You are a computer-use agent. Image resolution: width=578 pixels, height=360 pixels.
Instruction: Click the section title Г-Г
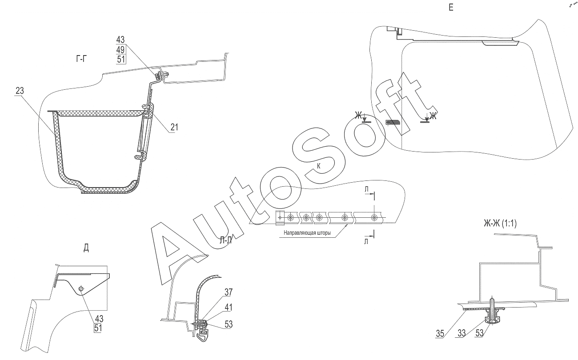pyautogui.click(x=81, y=59)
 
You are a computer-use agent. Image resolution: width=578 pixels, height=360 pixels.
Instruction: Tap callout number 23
pyautogui.click(x=20, y=91)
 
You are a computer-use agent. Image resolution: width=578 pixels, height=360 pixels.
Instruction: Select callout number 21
pyautogui.click(x=174, y=127)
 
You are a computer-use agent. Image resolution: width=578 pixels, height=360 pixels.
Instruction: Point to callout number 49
pyautogui.click(x=120, y=49)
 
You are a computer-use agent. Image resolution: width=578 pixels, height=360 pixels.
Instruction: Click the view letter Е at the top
pyautogui.click(x=451, y=8)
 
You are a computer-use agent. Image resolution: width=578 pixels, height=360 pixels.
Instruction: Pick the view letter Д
pyautogui.click(x=86, y=248)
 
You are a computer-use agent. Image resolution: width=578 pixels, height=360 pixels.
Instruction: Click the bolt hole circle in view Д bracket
pyautogui.click(x=81, y=288)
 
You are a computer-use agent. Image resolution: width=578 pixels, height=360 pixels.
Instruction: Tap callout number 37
pyautogui.click(x=229, y=292)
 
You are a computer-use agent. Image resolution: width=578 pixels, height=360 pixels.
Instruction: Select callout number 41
pyautogui.click(x=229, y=307)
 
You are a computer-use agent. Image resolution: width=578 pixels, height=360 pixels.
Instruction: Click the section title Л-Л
pyautogui.click(x=226, y=240)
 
